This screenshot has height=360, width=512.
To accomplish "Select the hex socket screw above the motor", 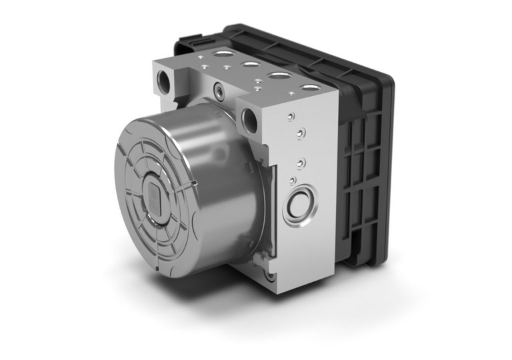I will coord(218,87).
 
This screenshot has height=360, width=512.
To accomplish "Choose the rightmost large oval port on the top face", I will coord(308,88).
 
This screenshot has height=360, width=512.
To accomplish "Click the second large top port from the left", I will coord(251,65).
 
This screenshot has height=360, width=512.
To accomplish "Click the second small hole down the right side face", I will coord(300,133).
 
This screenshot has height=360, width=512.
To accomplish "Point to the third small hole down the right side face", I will coord(301,163).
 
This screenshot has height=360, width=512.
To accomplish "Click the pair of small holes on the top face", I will coord(257,86).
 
